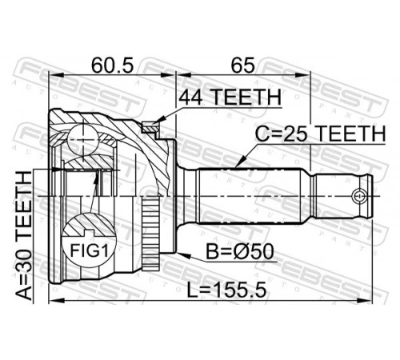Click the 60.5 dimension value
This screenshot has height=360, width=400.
112,65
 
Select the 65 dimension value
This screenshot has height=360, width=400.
242,65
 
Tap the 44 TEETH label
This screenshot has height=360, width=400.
230,98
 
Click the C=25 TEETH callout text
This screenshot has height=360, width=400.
321,134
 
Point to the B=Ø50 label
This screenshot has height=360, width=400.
240,252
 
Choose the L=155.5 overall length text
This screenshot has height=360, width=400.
226,290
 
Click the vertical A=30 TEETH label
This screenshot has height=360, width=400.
23,236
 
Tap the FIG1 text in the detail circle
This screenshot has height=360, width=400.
89,250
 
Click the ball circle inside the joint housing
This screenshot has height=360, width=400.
82,140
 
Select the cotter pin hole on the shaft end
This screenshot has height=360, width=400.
358,196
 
